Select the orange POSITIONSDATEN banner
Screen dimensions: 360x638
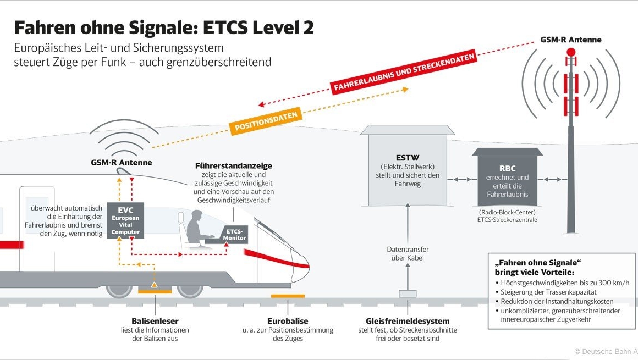(x=266, y=121)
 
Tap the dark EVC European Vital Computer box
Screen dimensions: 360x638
(x=126, y=220)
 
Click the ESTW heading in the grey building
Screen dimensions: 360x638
(x=408, y=157)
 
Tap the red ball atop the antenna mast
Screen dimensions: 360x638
(x=571, y=52)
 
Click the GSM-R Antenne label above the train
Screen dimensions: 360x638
(x=122, y=163)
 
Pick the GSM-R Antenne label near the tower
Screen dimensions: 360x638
(x=571, y=40)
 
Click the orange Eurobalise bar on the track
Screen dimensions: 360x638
(x=288, y=297)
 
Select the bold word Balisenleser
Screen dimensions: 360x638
(x=155, y=321)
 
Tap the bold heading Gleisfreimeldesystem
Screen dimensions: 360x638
(x=408, y=321)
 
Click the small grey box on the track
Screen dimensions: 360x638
(x=408, y=294)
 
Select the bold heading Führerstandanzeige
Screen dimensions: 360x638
(x=234, y=165)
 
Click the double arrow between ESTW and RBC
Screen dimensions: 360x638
(x=463, y=179)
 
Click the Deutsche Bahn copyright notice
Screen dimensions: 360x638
(x=605, y=351)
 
